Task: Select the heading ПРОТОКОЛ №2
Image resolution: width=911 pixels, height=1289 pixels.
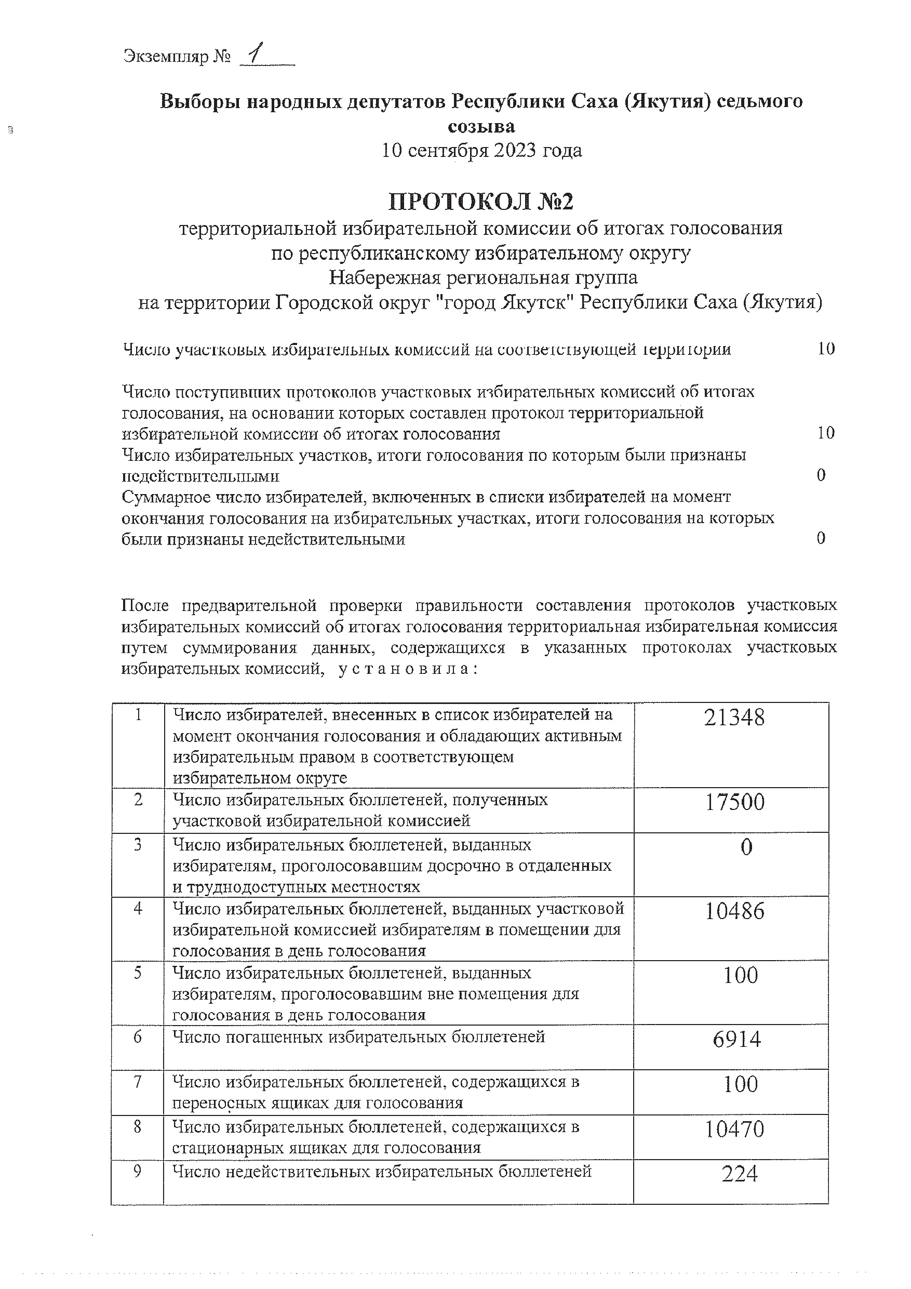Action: (481, 202)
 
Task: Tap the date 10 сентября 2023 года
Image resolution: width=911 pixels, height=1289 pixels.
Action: (481, 151)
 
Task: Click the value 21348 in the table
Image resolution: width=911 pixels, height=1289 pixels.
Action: (734, 718)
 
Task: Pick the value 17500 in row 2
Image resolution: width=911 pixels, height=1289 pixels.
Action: (734, 803)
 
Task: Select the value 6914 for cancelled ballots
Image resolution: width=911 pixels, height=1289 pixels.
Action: (736, 1040)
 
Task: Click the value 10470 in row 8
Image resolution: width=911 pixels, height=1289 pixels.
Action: (734, 1129)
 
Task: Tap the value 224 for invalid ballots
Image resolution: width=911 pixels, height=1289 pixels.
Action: (739, 1174)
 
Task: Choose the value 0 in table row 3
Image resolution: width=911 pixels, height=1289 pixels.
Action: (746, 848)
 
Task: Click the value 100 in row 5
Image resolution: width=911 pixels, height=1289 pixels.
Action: (740, 975)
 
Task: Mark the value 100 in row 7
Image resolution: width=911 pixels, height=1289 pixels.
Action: (740, 1084)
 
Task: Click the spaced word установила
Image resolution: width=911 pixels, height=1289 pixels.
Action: (408, 669)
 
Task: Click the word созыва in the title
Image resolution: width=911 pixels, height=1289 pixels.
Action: (481, 126)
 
